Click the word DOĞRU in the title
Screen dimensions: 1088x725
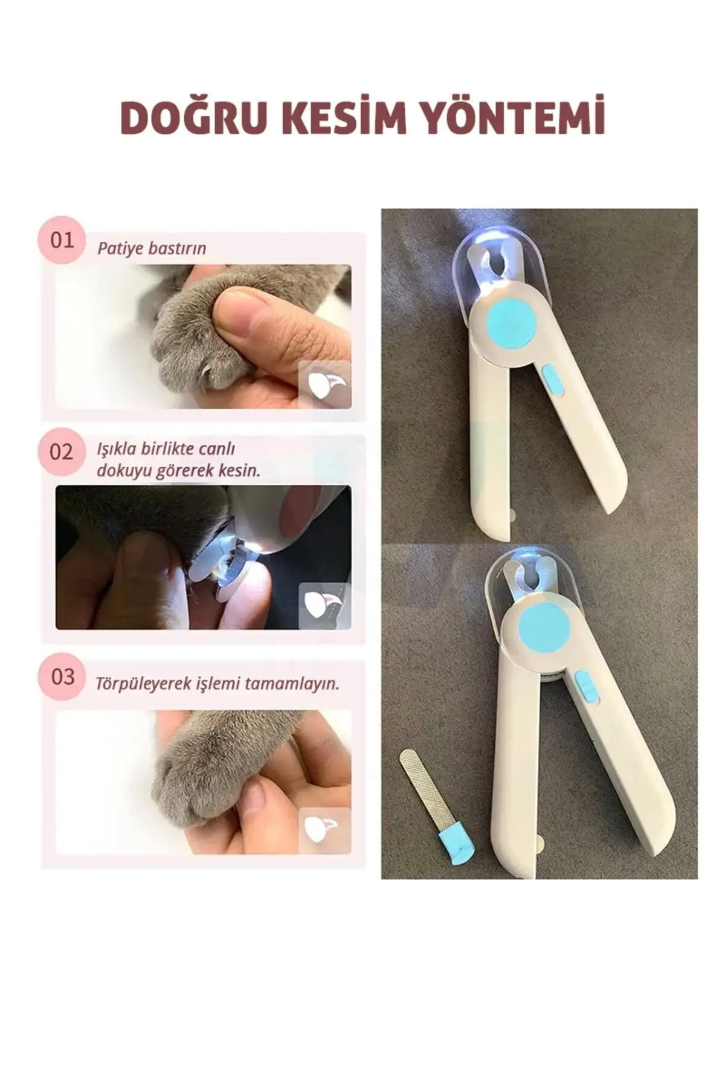193,117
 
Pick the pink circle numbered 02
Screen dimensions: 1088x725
61,452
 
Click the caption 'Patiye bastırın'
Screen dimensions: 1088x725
152,248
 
